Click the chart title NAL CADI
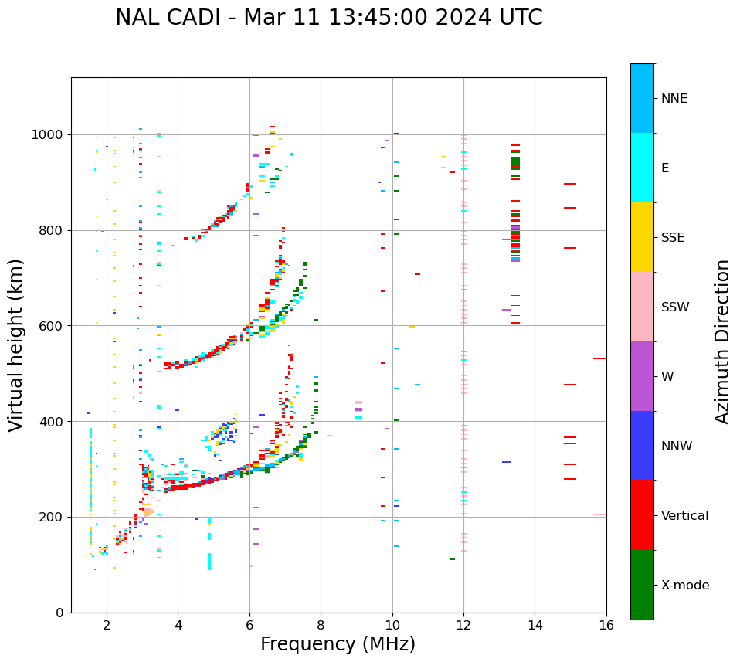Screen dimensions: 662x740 pyautogui.click(x=328, y=18)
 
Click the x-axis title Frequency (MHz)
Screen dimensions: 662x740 pyautogui.click(x=338, y=644)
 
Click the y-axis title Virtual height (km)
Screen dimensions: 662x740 pyautogui.click(x=16, y=345)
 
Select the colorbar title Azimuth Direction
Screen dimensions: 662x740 pyautogui.click(x=722, y=341)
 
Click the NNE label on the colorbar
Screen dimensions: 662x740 pyautogui.click(x=674, y=99)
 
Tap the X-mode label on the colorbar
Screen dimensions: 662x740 pyautogui.click(x=684, y=586)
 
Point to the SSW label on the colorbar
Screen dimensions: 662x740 pyautogui.click(x=675, y=307)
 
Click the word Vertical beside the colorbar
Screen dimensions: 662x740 pyautogui.click(x=684, y=516)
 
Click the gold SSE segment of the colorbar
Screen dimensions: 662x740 pyautogui.click(x=642, y=237)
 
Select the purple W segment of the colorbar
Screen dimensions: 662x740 pyautogui.click(x=642, y=376)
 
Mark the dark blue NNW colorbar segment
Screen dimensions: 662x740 pyautogui.click(x=642, y=446)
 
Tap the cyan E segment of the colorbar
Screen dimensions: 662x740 pyautogui.click(x=642, y=168)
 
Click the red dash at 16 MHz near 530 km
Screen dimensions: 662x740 pyautogui.click(x=599, y=358)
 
